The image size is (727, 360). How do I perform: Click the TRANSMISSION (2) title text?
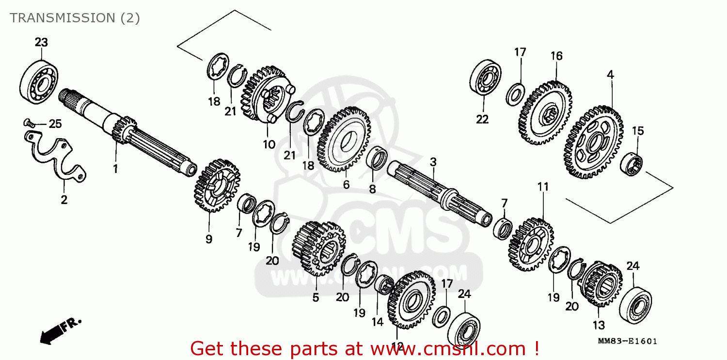pyautogui.click(x=75, y=18)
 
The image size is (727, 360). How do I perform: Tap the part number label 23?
pyautogui.click(x=41, y=43)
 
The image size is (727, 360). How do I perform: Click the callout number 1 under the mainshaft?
pyautogui.click(x=116, y=169)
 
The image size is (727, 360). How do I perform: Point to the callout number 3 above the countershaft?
pyautogui.click(x=433, y=161)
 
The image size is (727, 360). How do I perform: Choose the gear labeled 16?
pyautogui.click(x=545, y=112)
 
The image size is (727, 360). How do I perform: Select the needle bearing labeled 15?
pyautogui.click(x=632, y=163)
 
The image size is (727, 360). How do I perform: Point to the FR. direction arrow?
pyautogui.click(x=61, y=330)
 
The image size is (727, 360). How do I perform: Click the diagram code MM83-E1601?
pyautogui.click(x=628, y=342)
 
